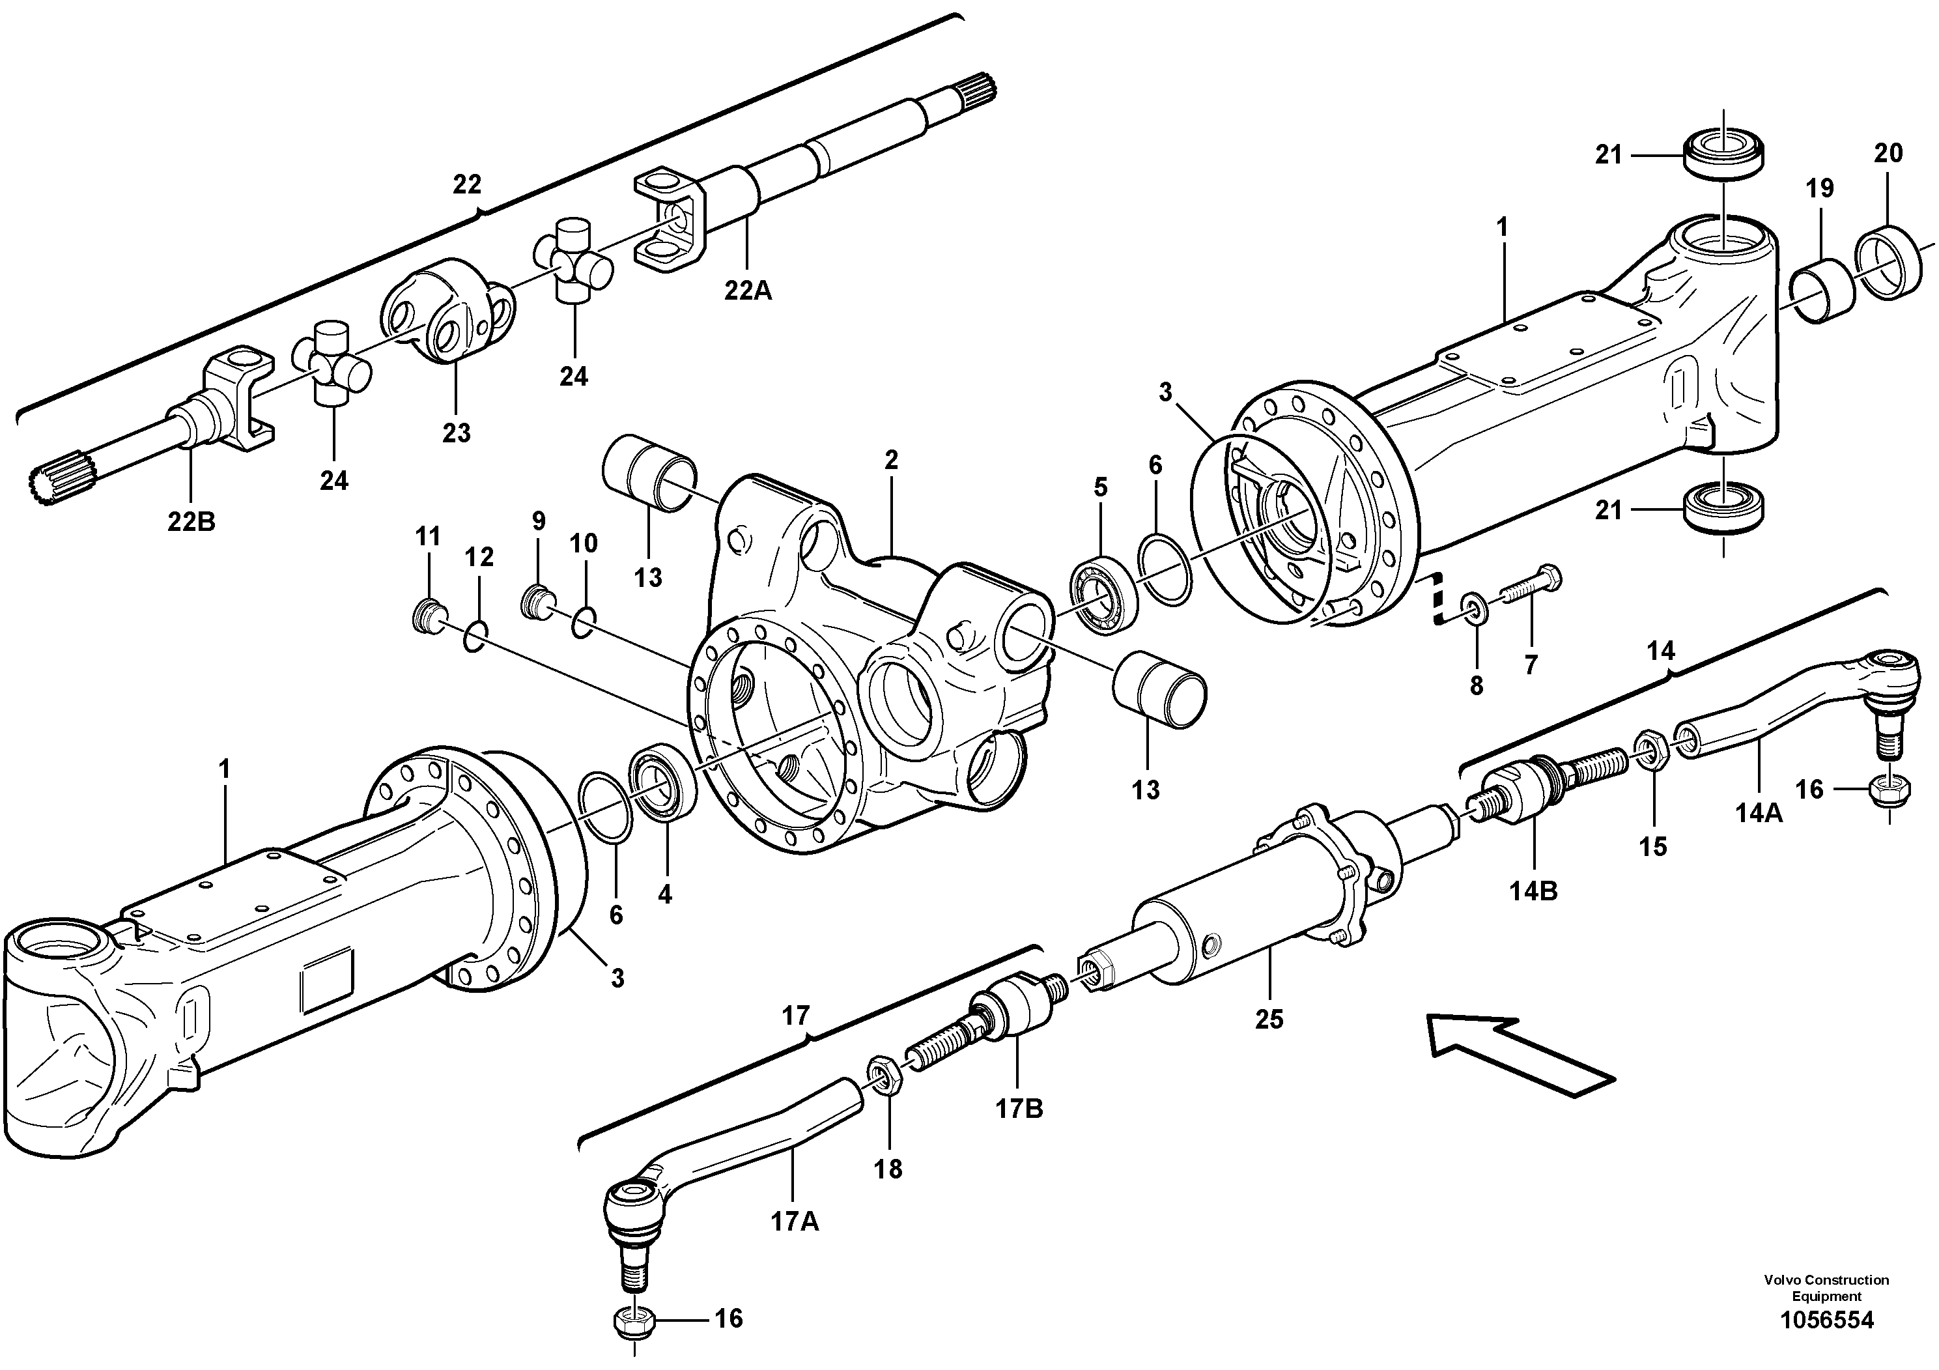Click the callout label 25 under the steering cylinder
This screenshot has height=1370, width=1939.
pos(1268,1020)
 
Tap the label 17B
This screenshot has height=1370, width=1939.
pos(1019,1108)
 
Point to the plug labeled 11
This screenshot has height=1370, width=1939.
pos(427,618)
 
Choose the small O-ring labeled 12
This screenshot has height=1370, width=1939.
pos(475,636)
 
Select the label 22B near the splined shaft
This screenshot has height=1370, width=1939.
pos(191,522)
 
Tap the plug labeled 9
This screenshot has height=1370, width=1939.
pos(535,601)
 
